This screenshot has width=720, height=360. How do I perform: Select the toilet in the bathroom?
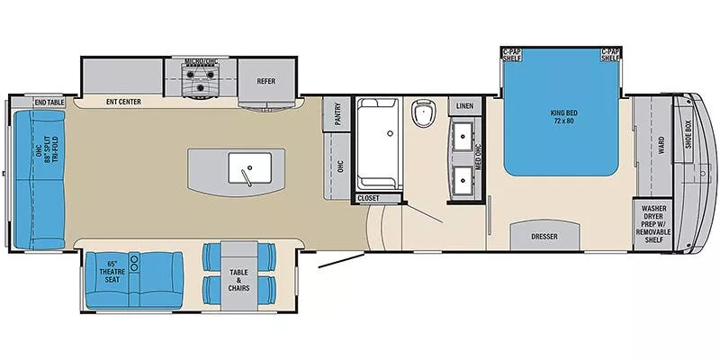[422, 113]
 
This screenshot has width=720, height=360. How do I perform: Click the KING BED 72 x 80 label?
[562, 116]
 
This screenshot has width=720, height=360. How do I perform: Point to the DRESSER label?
[544, 237]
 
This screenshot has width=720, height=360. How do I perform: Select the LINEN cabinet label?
[465, 106]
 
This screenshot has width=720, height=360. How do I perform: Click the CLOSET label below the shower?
[368, 197]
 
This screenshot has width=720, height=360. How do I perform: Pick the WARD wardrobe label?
[661, 144]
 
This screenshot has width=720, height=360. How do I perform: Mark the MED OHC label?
[479, 157]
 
